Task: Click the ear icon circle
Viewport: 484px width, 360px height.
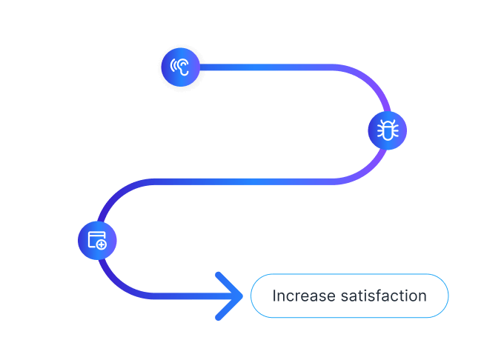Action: [x=181, y=67]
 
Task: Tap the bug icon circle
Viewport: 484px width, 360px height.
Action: [x=387, y=131]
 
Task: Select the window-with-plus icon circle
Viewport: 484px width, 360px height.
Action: [x=97, y=240]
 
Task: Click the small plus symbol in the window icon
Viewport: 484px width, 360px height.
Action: [x=102, y=244]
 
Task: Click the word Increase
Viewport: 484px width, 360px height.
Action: [x=302, y=296]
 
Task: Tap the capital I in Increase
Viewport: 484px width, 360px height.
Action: [x=274, y=296]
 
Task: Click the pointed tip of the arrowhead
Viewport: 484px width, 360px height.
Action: [x=241, y=296]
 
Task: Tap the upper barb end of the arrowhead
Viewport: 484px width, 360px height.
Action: [x=219, y=276]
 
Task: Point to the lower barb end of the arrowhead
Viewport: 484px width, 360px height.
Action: [x=219, y=317]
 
